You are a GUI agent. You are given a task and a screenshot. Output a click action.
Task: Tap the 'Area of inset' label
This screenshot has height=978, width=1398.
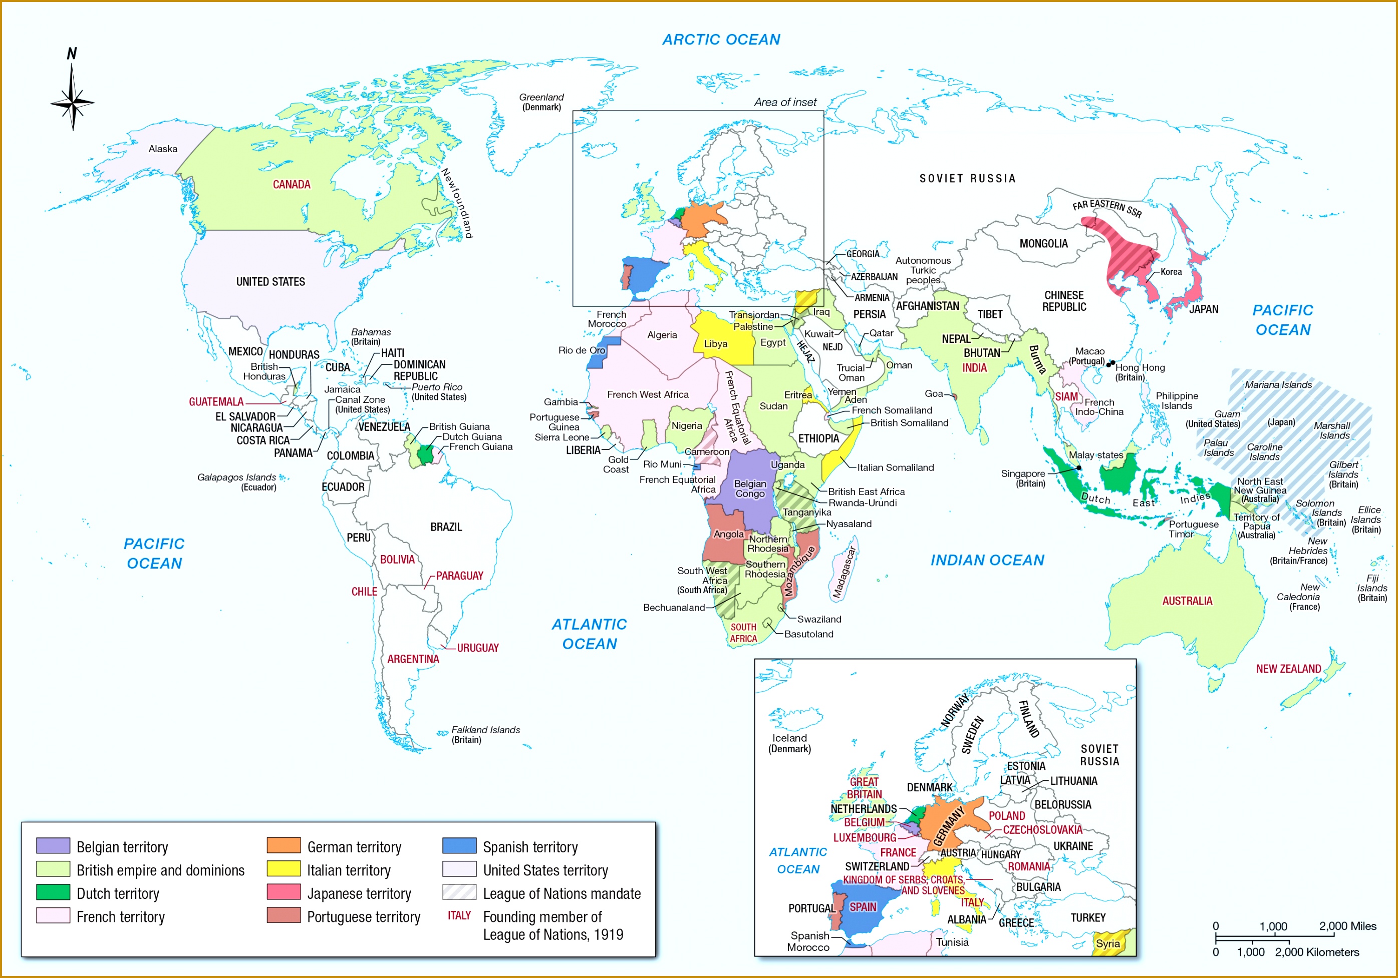pos(785,102)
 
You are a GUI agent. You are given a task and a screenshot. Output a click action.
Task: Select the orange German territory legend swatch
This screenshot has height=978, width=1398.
pos(283,845)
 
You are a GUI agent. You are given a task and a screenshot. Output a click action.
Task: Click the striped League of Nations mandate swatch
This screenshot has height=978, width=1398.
pos(459,892)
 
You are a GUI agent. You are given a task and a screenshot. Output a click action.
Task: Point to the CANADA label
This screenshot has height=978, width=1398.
pos(291,184)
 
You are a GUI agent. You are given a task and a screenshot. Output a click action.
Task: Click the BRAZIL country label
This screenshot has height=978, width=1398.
pos(446,527)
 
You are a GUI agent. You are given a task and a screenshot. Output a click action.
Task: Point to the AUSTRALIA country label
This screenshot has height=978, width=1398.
pos(1187,601)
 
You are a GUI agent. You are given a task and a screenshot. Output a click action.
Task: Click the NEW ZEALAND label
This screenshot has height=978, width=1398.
pos(1288,669)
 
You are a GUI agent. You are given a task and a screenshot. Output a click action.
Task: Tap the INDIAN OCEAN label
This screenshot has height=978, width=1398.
pos(987,560)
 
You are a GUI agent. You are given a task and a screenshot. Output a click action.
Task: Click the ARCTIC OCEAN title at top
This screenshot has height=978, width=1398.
pos(721,40)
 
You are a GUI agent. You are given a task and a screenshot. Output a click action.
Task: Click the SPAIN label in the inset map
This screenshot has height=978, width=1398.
pos(862,907)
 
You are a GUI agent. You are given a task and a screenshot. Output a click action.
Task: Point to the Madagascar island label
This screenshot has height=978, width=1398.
pos(844,572)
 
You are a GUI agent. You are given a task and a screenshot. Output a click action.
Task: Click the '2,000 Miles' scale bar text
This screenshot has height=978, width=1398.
pos(1347,926)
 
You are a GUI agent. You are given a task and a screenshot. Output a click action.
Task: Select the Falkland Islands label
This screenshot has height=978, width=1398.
pos(485,730)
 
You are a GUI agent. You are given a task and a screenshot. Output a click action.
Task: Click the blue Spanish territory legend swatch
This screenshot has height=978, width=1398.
pos(459,845)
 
